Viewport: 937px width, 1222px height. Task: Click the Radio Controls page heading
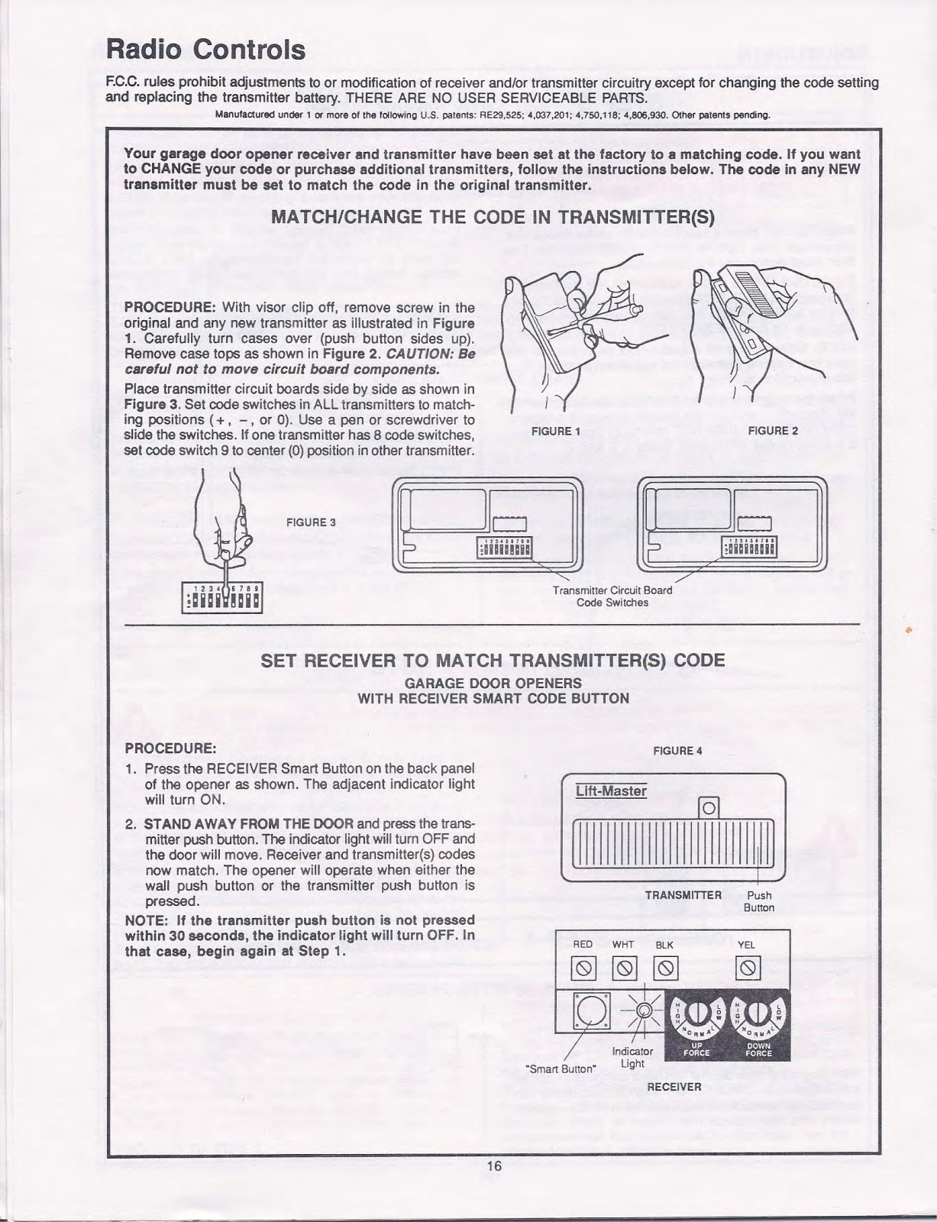[206, 50]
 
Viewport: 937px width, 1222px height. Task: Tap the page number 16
[494, 1165]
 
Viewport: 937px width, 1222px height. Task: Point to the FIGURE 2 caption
[773, 432]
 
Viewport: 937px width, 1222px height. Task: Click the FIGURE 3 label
[311, 522]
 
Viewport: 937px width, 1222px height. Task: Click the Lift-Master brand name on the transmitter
[611, 791]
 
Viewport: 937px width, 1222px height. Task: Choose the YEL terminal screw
[747, 970]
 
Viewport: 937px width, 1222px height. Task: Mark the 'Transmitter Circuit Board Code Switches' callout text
[612, 596]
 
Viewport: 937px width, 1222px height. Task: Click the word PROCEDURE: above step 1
[170, 746]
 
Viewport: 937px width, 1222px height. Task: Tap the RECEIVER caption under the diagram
[674, 1086]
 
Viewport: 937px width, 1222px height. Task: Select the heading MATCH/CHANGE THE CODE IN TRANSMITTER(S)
[493, 217]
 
